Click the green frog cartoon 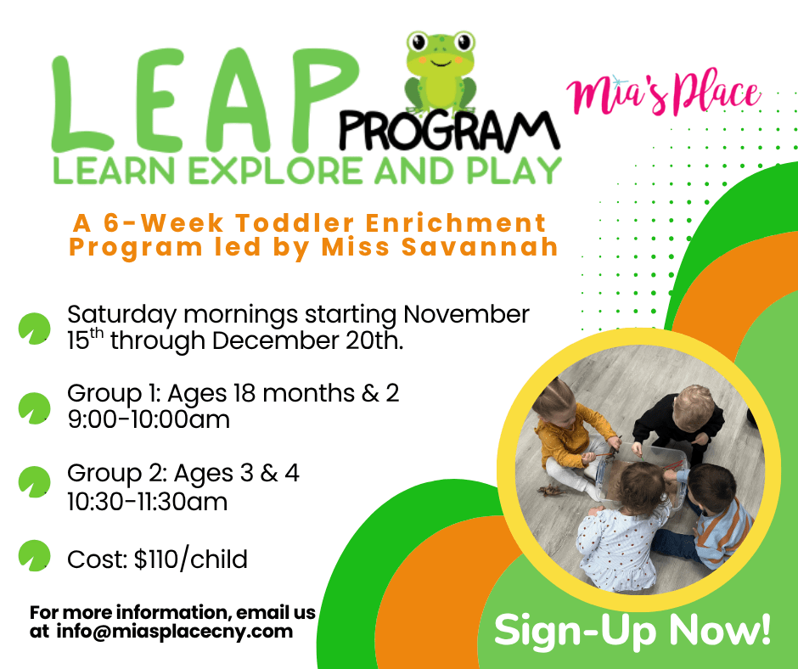point(441,72)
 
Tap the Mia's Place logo point(664,94)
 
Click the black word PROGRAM point(450,132)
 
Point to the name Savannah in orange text point(480,246)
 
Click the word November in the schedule point(466,314)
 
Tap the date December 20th point(307,340)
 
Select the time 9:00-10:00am point(149,419)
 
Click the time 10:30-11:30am point(148,502)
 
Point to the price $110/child point(191,559)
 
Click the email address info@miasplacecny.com point(175,632)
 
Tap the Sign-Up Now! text point(632,630)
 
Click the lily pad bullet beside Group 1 point(34,408)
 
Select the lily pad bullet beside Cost point(34,555)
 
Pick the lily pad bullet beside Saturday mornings point(34,329)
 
